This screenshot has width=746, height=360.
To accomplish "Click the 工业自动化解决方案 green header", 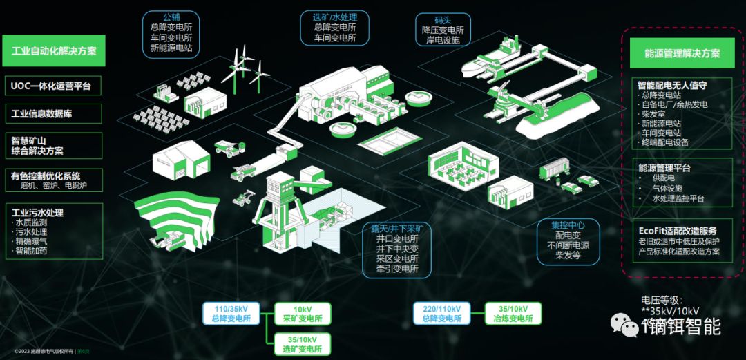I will [54, 50].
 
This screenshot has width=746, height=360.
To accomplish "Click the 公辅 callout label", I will [171, 16].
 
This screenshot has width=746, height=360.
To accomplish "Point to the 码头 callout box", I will [443, 30].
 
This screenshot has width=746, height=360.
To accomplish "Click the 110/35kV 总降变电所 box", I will [231, 314].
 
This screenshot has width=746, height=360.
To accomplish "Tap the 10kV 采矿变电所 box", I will [303, 314].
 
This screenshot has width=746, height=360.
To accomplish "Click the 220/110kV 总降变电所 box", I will [442, 314].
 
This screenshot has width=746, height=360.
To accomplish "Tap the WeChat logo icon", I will [627, 325].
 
